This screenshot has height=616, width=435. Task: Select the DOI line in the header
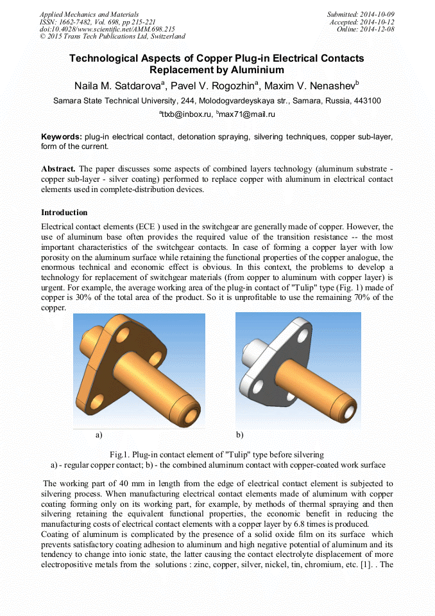click(107, 30)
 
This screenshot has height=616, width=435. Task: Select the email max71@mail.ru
click(247, 114)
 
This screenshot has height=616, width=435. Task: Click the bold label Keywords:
click(62, 137)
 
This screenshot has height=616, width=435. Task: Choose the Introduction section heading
click(64, 213)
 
